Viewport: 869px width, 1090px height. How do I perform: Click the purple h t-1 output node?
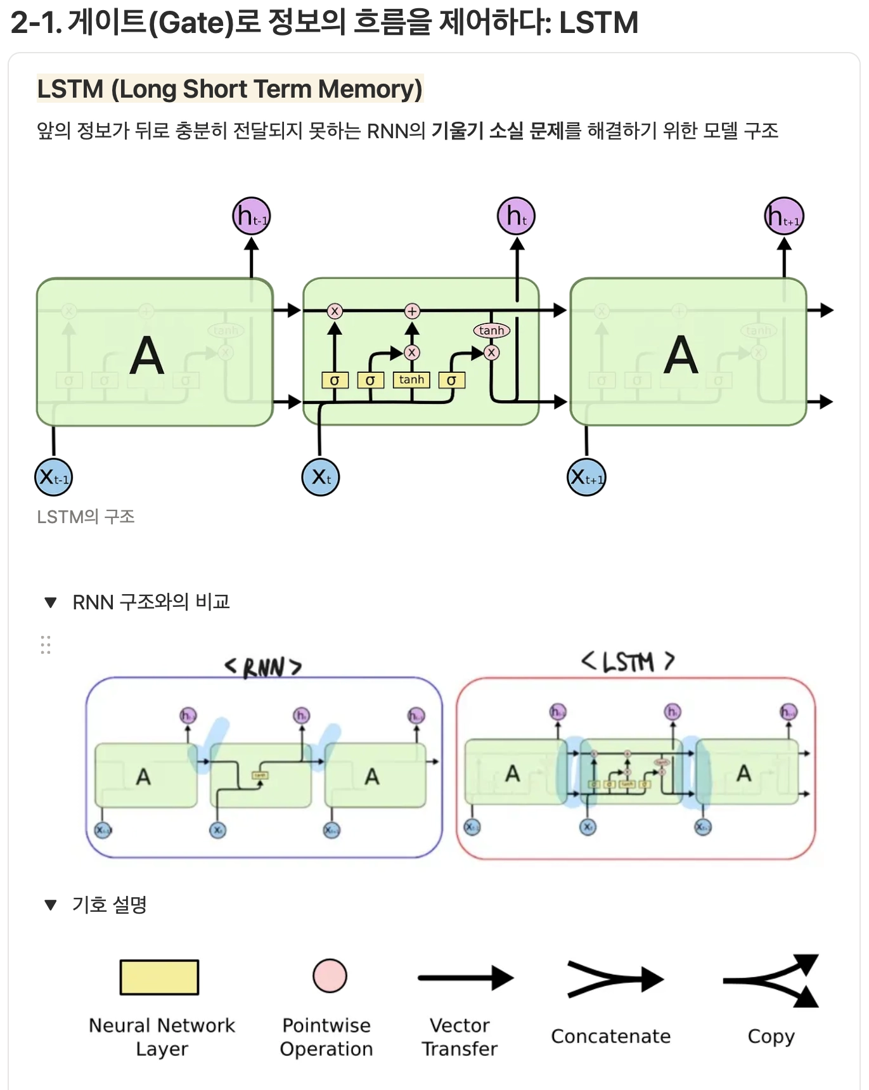coord(252,216)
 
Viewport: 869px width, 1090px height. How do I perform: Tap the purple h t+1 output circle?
coord(784,216)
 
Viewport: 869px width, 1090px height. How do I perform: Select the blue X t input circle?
coord(321,477)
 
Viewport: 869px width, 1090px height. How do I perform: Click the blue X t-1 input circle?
coord(54,477)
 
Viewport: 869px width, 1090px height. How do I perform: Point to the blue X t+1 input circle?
coord(586,477)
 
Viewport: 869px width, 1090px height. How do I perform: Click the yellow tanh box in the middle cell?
coord(411,380)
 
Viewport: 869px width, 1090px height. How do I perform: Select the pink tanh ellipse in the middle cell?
coord(492,330)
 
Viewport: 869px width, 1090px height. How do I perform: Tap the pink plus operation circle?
coord(412,311)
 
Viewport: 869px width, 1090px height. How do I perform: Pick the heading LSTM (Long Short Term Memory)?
coord(229,89)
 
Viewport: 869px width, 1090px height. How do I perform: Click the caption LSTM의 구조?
coord(86,517)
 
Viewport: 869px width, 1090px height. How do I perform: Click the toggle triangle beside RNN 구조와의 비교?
coord(51,602)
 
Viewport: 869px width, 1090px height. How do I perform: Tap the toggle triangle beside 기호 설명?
coord(51,904)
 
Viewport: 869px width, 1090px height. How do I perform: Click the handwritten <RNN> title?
coord(263,667)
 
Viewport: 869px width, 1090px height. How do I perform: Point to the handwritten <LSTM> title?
coord(628,662)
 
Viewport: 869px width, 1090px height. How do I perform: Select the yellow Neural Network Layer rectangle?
coord(160,977)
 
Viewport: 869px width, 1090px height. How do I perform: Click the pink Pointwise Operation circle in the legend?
coord(330,976)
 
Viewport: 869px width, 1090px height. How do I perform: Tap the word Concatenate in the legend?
coord(610,1036)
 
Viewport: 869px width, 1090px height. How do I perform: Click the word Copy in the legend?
coord(771,1036)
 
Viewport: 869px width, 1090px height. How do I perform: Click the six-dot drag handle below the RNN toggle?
coord(46,644)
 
